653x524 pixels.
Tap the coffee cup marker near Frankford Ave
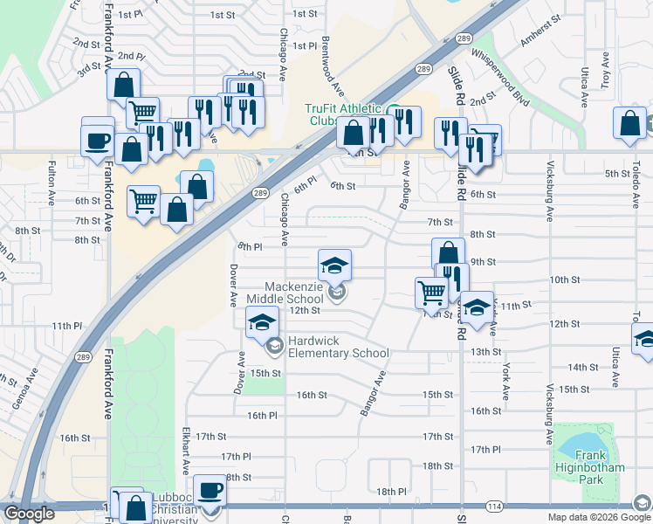pos(98,140)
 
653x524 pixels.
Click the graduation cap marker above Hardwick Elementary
pos(261,323)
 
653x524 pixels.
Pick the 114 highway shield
pos(493,507)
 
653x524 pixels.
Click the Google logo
pos(29,514)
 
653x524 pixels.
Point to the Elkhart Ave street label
pos(186,451)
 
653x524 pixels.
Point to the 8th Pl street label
pos(250,247)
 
